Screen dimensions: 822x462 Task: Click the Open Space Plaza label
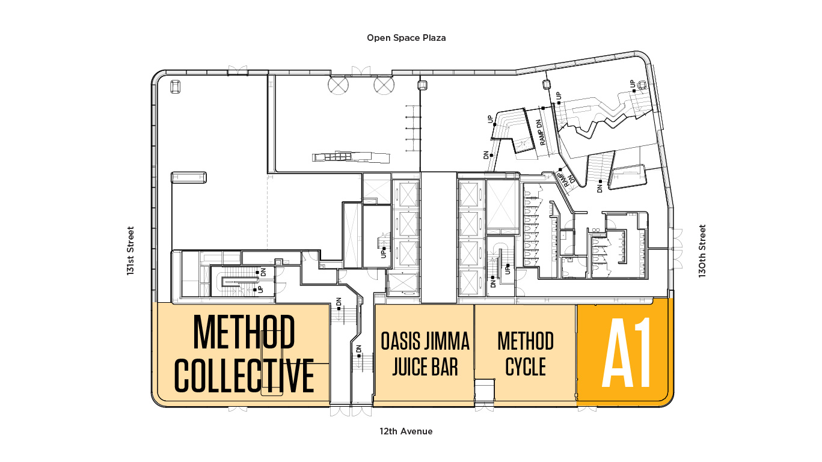(406, 38)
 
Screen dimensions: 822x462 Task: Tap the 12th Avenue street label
(406, 431)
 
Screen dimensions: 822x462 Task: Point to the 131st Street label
(130, 251)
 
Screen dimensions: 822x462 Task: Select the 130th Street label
(702, 251)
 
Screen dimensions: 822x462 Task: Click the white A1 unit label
(627, 353)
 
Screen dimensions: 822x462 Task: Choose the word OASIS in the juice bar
(400, 341)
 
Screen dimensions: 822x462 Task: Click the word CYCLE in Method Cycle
(526, 366)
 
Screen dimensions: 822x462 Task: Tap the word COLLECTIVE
(244, 375)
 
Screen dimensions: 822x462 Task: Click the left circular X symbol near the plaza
(338, 85)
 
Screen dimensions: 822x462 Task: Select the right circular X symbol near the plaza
(384, 85)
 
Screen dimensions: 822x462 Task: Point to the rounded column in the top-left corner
(176, 87)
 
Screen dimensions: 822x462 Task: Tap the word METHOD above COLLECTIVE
(244, 332)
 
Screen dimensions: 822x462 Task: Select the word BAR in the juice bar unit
(446, 367)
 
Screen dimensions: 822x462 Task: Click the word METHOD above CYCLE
(526, 341)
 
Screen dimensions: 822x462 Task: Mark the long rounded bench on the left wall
(189, 177)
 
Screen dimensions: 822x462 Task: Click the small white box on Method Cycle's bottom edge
(485, 391)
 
